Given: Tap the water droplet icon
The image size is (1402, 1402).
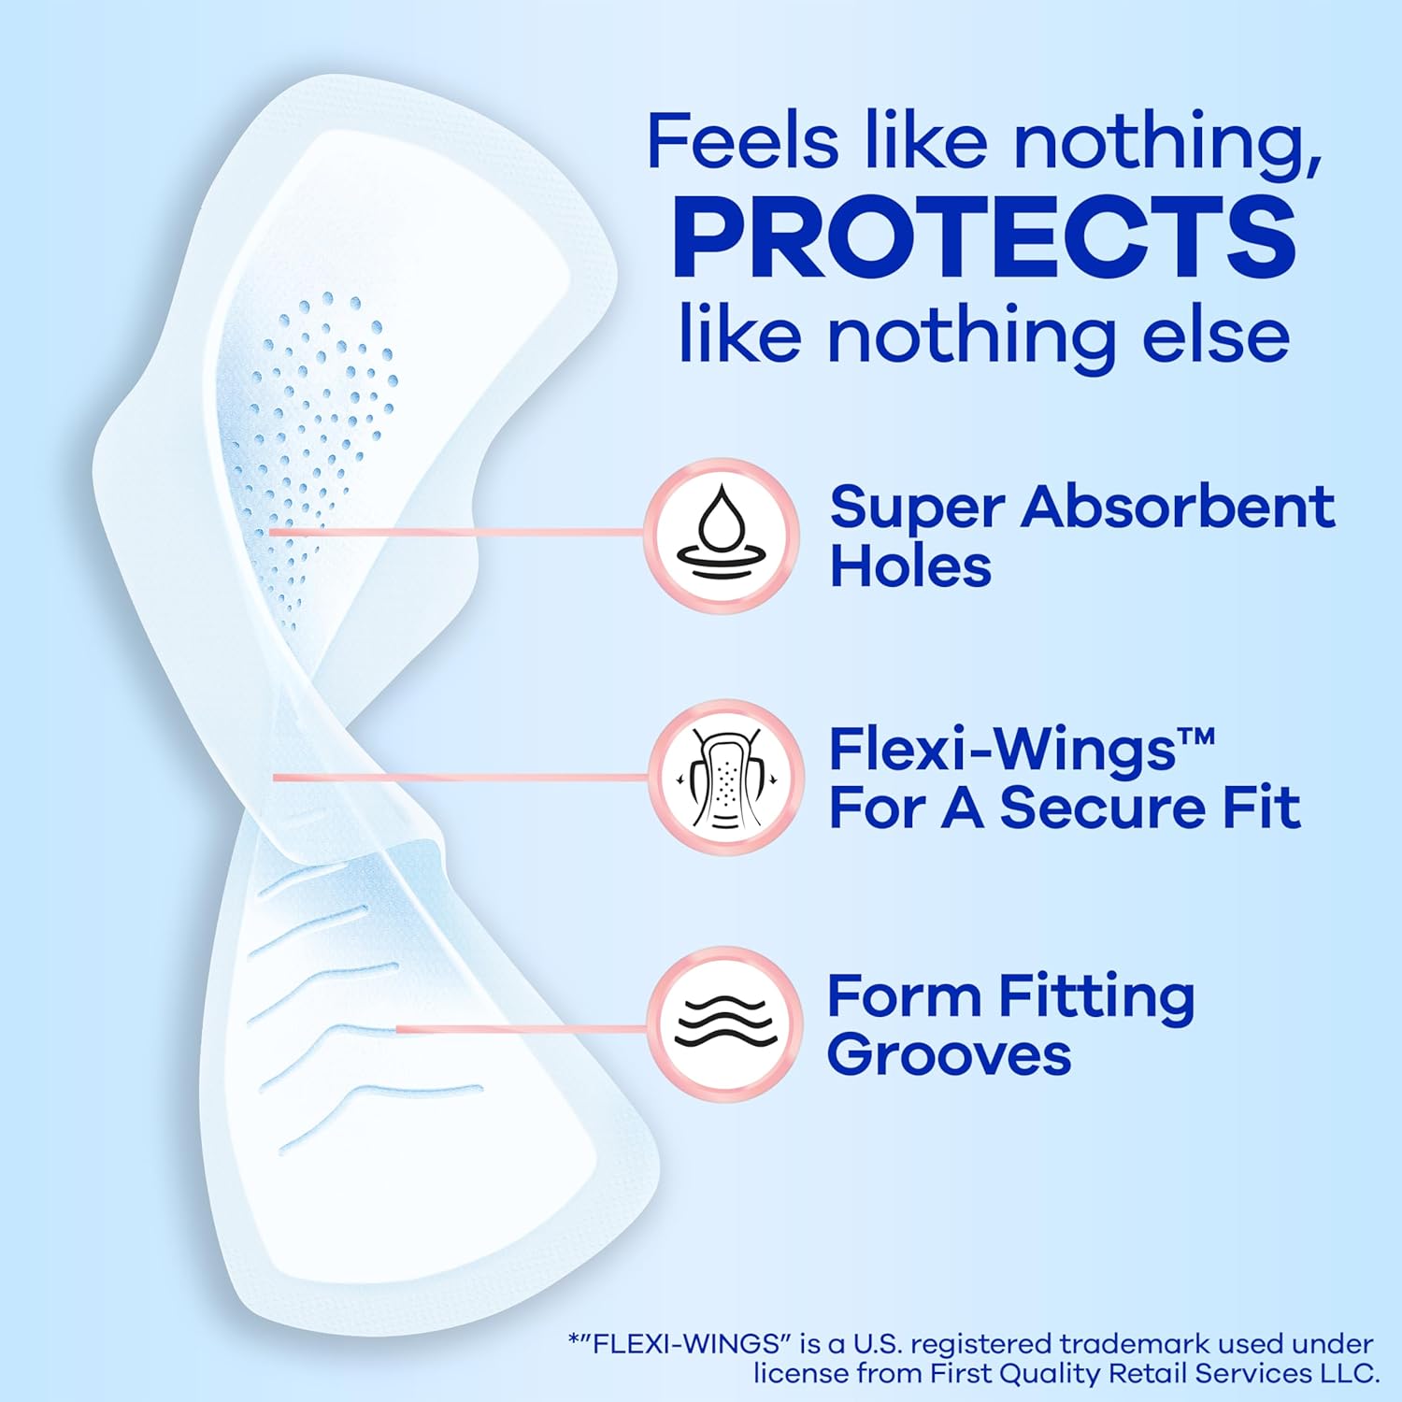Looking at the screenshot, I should [722, 535].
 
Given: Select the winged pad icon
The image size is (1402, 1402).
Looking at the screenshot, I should [726, 778].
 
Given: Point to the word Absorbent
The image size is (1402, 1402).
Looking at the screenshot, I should [1178, 508].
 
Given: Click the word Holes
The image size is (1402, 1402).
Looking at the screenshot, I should [910, 566].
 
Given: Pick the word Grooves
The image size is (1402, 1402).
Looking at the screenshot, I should [949, 1055].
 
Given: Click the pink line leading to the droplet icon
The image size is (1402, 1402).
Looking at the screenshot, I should [458, 533].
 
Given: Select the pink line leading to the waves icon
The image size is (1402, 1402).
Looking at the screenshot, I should [523, 1029].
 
